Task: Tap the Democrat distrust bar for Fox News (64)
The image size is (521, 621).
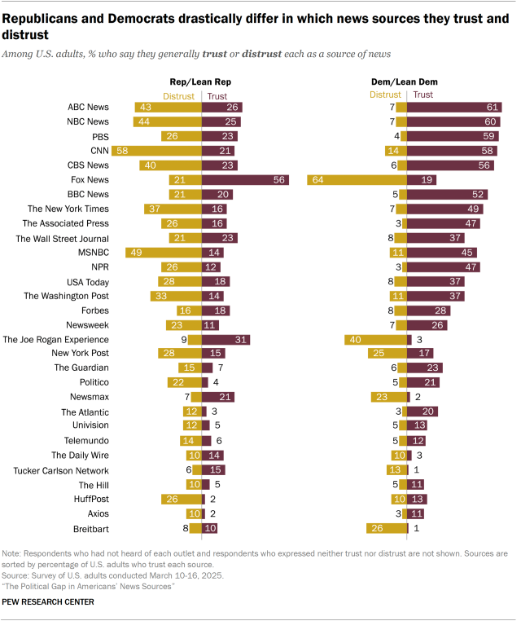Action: coord(357,179)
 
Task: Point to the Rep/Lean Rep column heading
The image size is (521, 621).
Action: coord(201,82)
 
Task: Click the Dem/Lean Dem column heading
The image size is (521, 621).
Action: coord(407,82)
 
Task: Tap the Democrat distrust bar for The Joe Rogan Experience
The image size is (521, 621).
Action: coord(375,339)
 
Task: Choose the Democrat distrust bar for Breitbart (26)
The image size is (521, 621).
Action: coord(387,528)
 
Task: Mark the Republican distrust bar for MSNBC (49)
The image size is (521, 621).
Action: coord(163,252)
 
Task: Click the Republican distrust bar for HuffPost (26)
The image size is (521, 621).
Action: coord(181,499)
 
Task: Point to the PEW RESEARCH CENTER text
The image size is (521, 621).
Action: coord(49,601)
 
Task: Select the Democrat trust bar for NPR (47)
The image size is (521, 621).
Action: coord(444,266)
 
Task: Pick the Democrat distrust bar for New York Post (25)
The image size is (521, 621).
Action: coord(386,354)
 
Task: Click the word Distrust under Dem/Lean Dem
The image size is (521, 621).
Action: coord(385,95)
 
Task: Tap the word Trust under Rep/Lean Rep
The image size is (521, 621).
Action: coord(217,95)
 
